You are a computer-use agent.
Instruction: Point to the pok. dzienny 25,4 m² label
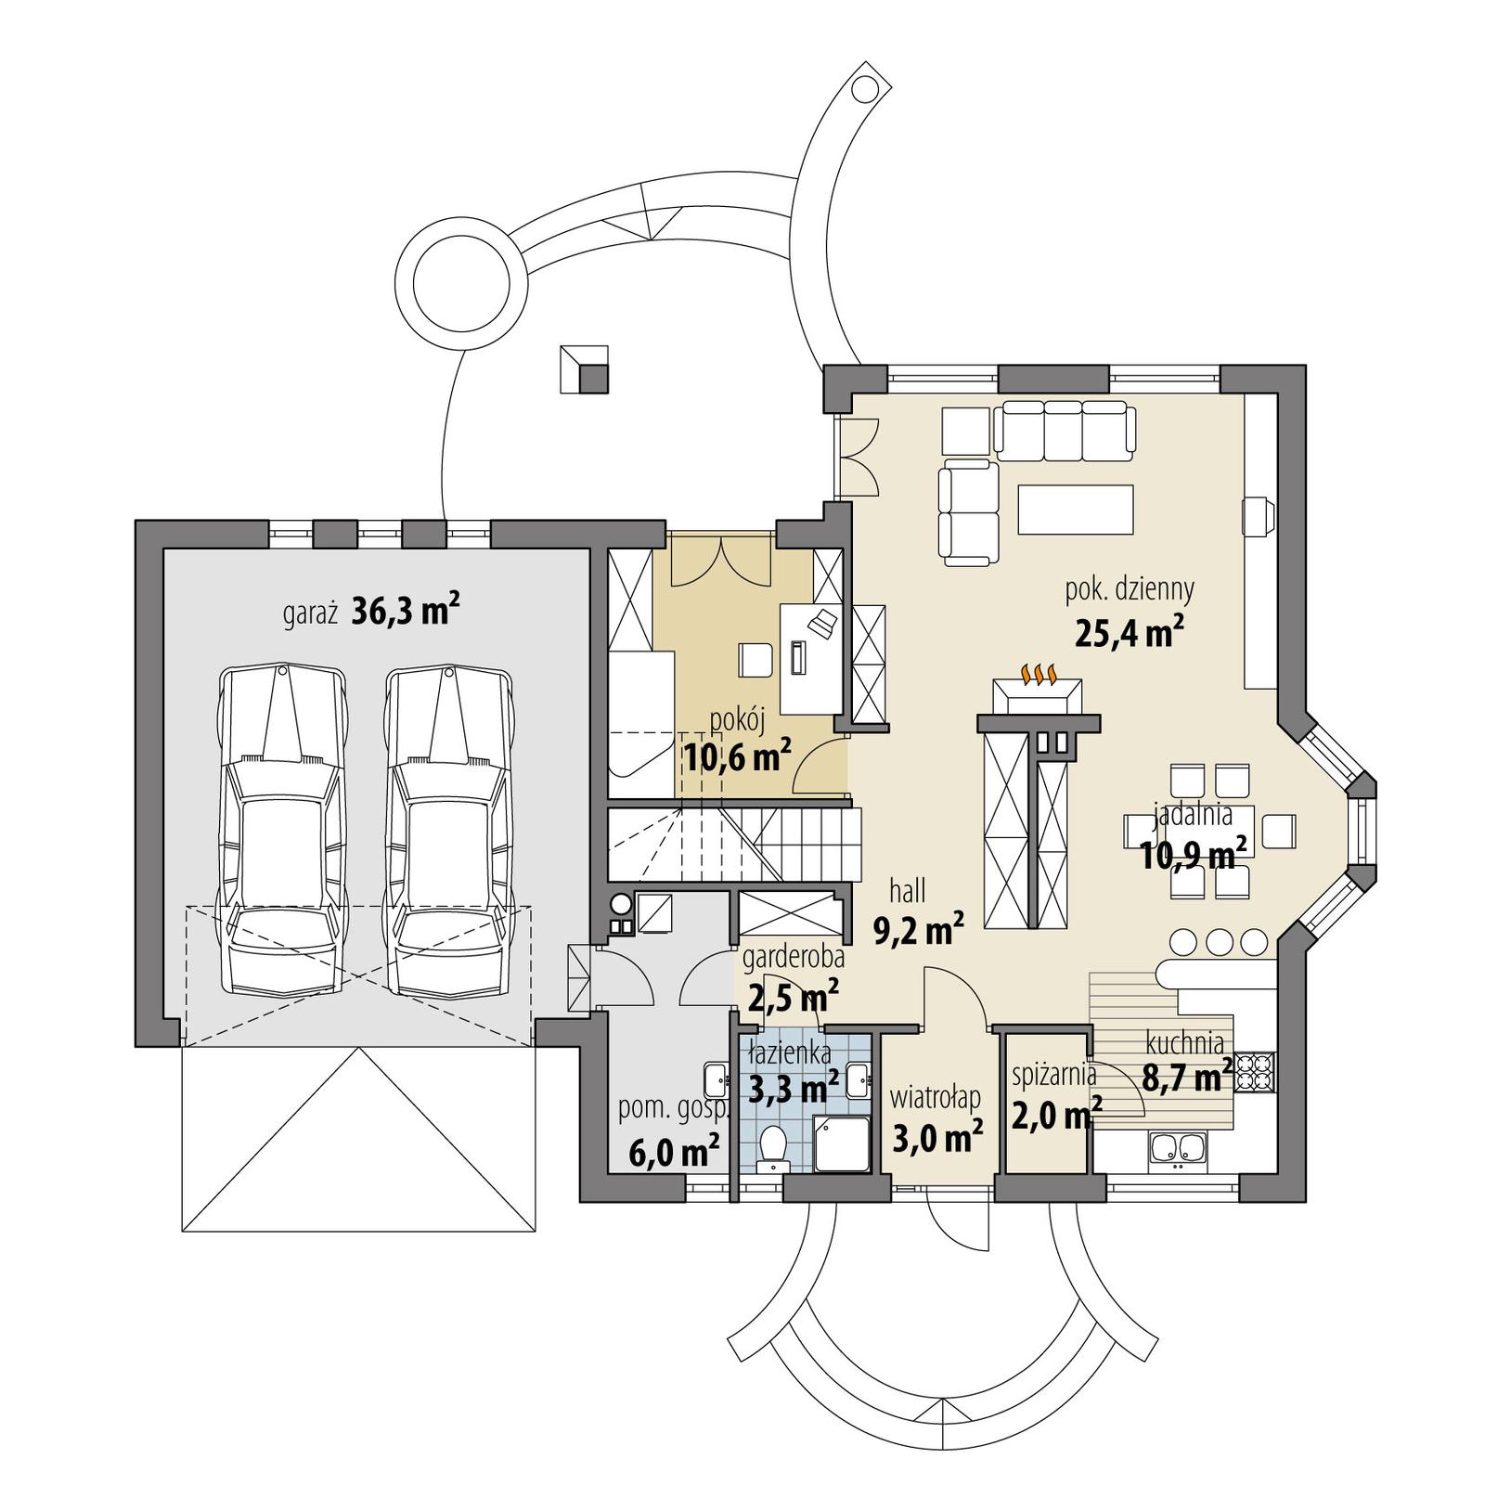[x=1129, y=613]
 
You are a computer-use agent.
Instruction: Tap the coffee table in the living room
[x=1076, y=509]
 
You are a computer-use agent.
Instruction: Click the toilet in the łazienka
[x=771, y=1146]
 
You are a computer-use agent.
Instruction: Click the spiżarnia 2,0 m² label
[x=1055, y=1095]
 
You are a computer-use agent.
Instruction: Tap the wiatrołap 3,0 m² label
[x=936, y=1118]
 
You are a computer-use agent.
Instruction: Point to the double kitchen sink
[x=1177, y=1148]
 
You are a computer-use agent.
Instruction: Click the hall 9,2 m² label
[x=917, y=911]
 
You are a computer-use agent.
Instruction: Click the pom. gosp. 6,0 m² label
[x=675, y=1132]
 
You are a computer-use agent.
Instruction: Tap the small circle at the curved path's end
[x=864, y=89]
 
